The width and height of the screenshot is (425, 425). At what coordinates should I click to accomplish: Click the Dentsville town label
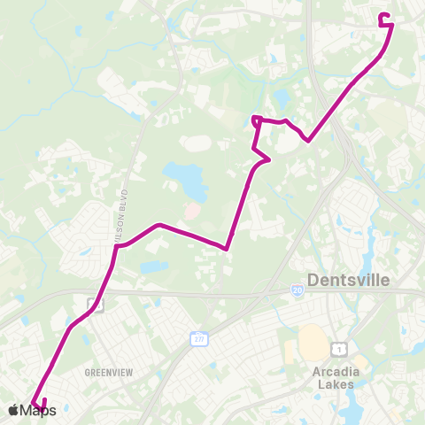[x=354, y=281]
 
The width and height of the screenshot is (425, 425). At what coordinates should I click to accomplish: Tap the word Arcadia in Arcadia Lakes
[x=335, y=372]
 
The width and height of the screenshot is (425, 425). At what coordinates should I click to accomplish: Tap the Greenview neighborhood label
[x=108, y=373]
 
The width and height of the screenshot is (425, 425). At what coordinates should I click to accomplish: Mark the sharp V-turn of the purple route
[x=228, y=249]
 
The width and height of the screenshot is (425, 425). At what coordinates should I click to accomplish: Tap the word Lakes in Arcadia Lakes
[x=335, y=384]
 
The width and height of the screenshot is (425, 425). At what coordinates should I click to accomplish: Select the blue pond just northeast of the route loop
[x=282, y=97]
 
